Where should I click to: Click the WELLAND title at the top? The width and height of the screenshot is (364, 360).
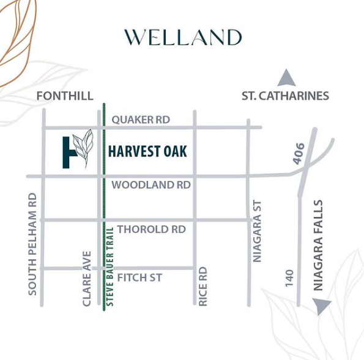[183, 37]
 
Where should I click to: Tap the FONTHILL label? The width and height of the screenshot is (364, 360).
[65, 96]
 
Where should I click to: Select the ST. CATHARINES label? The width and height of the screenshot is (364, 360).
[285, 96]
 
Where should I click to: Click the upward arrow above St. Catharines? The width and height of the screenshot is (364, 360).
[286, 78]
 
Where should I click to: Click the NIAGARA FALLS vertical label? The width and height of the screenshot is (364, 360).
[317, 244]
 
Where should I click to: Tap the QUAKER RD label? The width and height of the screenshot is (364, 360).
[141, 120]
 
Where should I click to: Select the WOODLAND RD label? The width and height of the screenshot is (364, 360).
[151, 185]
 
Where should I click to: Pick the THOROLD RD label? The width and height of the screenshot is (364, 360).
[151, 229]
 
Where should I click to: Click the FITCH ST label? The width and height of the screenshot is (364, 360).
[139, 277]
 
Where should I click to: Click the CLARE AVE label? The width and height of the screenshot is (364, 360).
[87, 278]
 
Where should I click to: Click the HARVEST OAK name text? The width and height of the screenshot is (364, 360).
[147, 151]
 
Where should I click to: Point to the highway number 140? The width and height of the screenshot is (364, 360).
[289, 277]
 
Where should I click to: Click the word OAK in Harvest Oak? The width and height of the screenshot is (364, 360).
[174, 151]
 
